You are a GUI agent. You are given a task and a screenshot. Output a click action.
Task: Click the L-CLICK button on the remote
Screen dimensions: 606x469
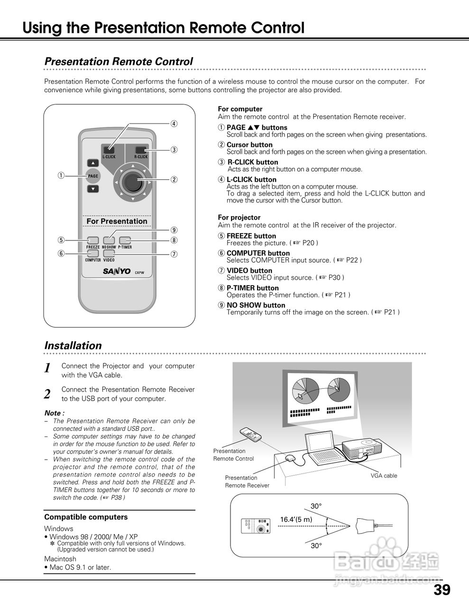(109, 149)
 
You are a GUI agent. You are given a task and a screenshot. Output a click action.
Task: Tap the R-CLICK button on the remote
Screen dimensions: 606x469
(141, 149)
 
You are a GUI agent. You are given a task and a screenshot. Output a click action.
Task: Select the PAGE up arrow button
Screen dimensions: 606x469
(93, 164)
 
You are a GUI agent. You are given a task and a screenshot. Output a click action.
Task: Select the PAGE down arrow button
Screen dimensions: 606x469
(93, 189)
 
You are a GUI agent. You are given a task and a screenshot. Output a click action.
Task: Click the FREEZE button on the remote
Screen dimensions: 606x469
(93, 240)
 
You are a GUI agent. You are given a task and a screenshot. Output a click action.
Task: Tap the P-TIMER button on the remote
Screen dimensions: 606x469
(125, 240)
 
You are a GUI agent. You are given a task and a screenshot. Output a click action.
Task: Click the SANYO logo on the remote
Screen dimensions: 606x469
(117, 271)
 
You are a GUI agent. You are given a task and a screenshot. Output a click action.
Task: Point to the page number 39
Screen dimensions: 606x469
(441, 590)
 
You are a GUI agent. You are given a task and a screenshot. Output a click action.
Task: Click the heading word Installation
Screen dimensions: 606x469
(73, 346)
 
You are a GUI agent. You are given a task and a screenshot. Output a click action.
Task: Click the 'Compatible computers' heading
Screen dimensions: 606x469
(86, 517)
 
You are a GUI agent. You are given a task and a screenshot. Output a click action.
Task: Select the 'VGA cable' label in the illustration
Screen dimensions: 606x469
(384, 476)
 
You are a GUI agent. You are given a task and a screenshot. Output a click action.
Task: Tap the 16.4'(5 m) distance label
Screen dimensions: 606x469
(296, 519)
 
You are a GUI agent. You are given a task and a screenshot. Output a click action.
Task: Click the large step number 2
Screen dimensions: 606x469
(47, 394)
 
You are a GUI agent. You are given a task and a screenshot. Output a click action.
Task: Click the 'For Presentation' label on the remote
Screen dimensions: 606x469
(117, 221)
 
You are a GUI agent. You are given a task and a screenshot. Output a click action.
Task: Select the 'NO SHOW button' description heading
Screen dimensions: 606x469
(256, 305)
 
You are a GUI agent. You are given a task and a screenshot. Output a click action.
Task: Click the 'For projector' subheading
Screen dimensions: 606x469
(239, 217)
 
